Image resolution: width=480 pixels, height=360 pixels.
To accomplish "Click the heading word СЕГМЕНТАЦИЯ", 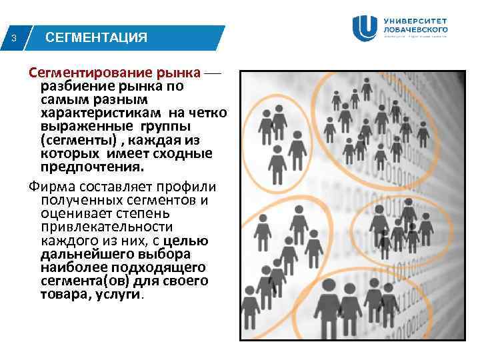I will (96, 37).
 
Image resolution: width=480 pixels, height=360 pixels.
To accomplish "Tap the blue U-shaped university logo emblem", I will (366, 27).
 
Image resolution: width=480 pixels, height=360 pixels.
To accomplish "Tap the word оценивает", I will (69, 213).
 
